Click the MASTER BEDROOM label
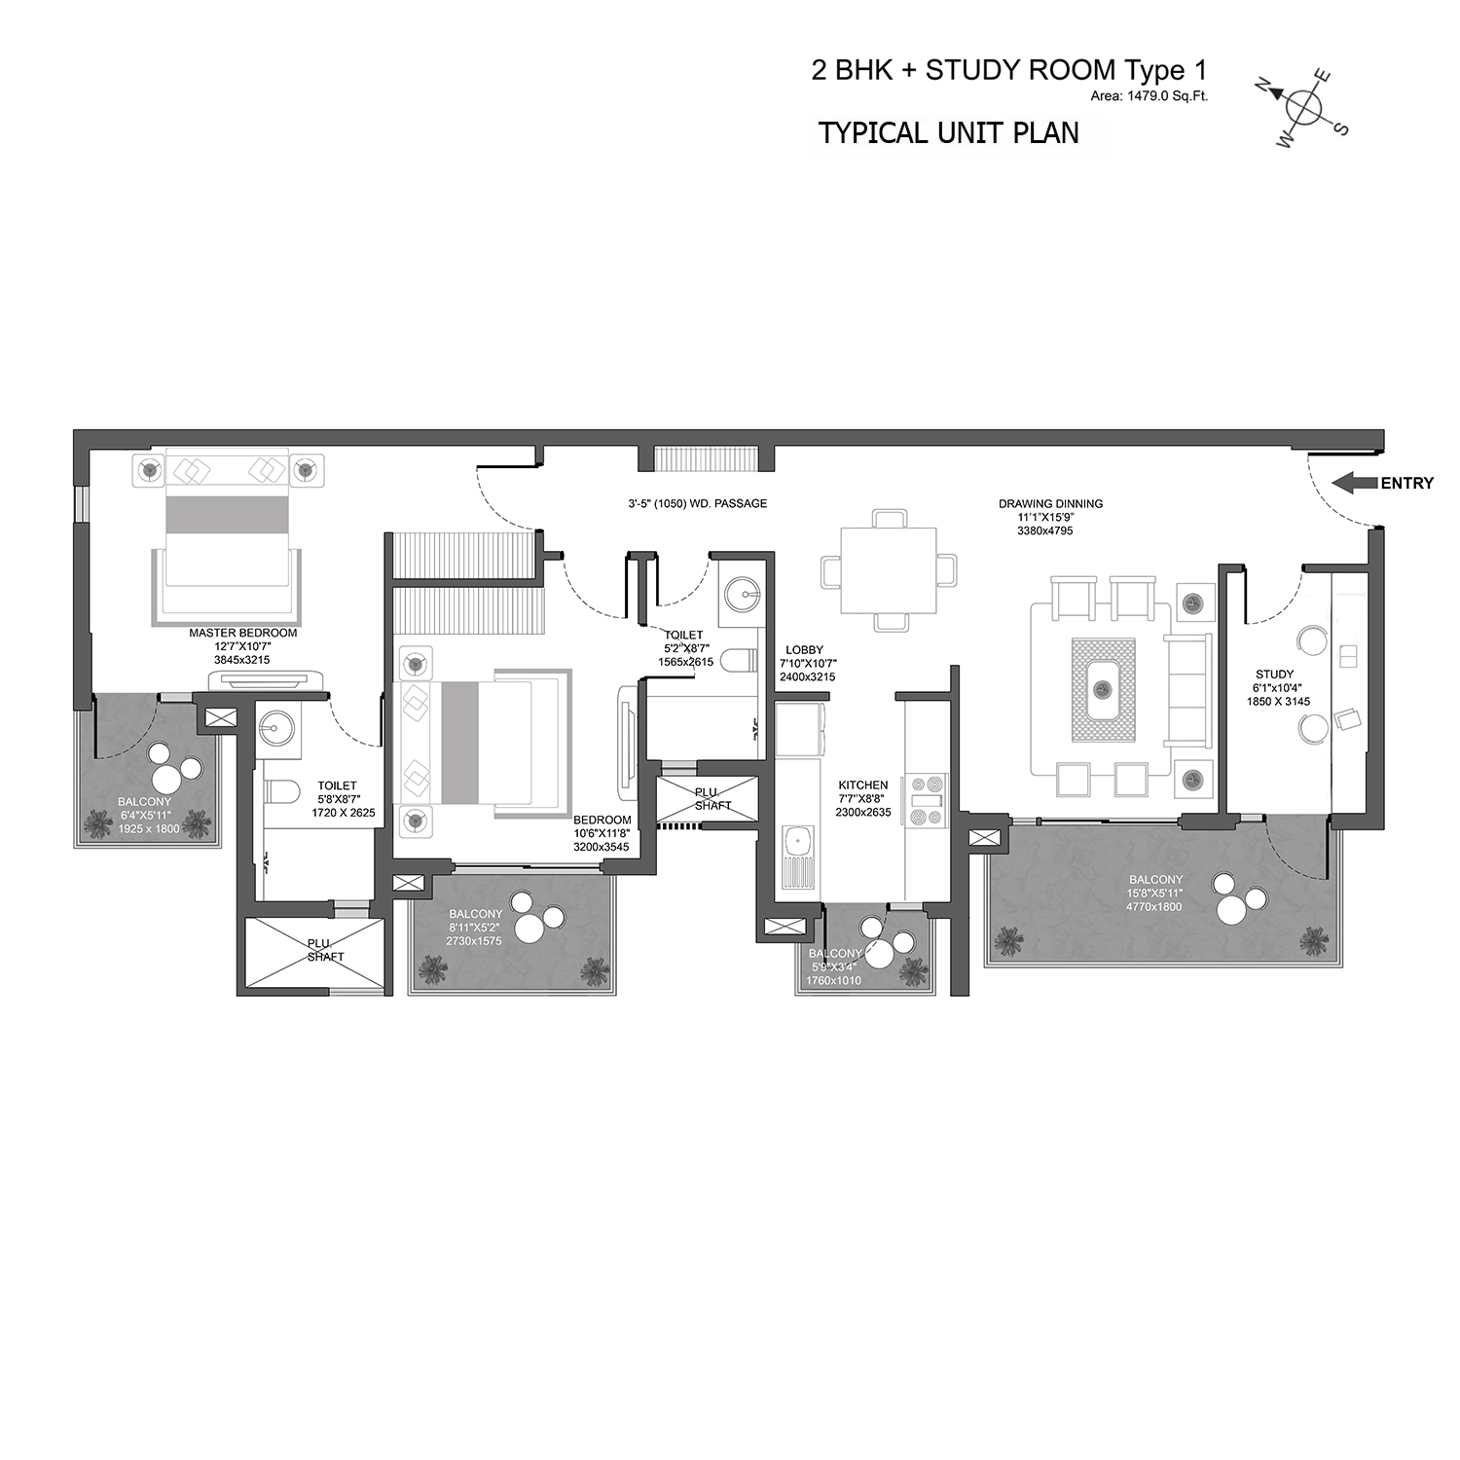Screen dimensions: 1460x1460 [x=243, y=633]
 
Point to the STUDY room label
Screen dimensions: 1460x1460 [x=1275, y=675]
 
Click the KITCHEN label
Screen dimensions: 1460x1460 [x=863, y=785]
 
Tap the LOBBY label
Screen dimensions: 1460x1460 [x=804, y=650]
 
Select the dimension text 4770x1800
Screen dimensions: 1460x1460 [x=1155, y=906]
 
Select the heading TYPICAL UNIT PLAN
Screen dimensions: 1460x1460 [x=949, y=133]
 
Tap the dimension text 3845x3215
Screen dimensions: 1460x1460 [x=242, y=660]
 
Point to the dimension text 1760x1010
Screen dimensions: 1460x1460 [x=833, y=980]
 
